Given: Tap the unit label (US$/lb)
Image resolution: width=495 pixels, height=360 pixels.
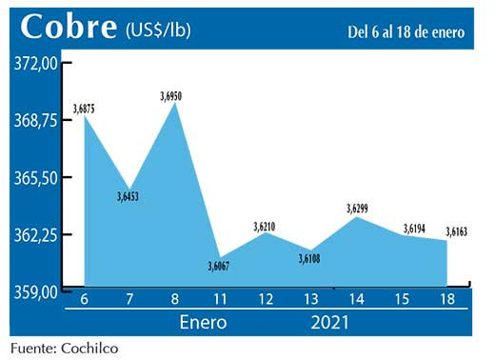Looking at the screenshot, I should coord(158,30).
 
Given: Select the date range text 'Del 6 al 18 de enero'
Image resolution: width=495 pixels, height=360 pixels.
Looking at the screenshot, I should coord(406,32).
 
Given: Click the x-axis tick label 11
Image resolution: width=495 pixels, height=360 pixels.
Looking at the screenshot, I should coord(220,302).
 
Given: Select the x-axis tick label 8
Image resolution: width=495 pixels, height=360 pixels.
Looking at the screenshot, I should coord(174,302).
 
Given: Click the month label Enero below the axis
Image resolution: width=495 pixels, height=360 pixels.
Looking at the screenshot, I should coord(203,322).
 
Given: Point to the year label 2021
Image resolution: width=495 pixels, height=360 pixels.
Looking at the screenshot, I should coord(329,322).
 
